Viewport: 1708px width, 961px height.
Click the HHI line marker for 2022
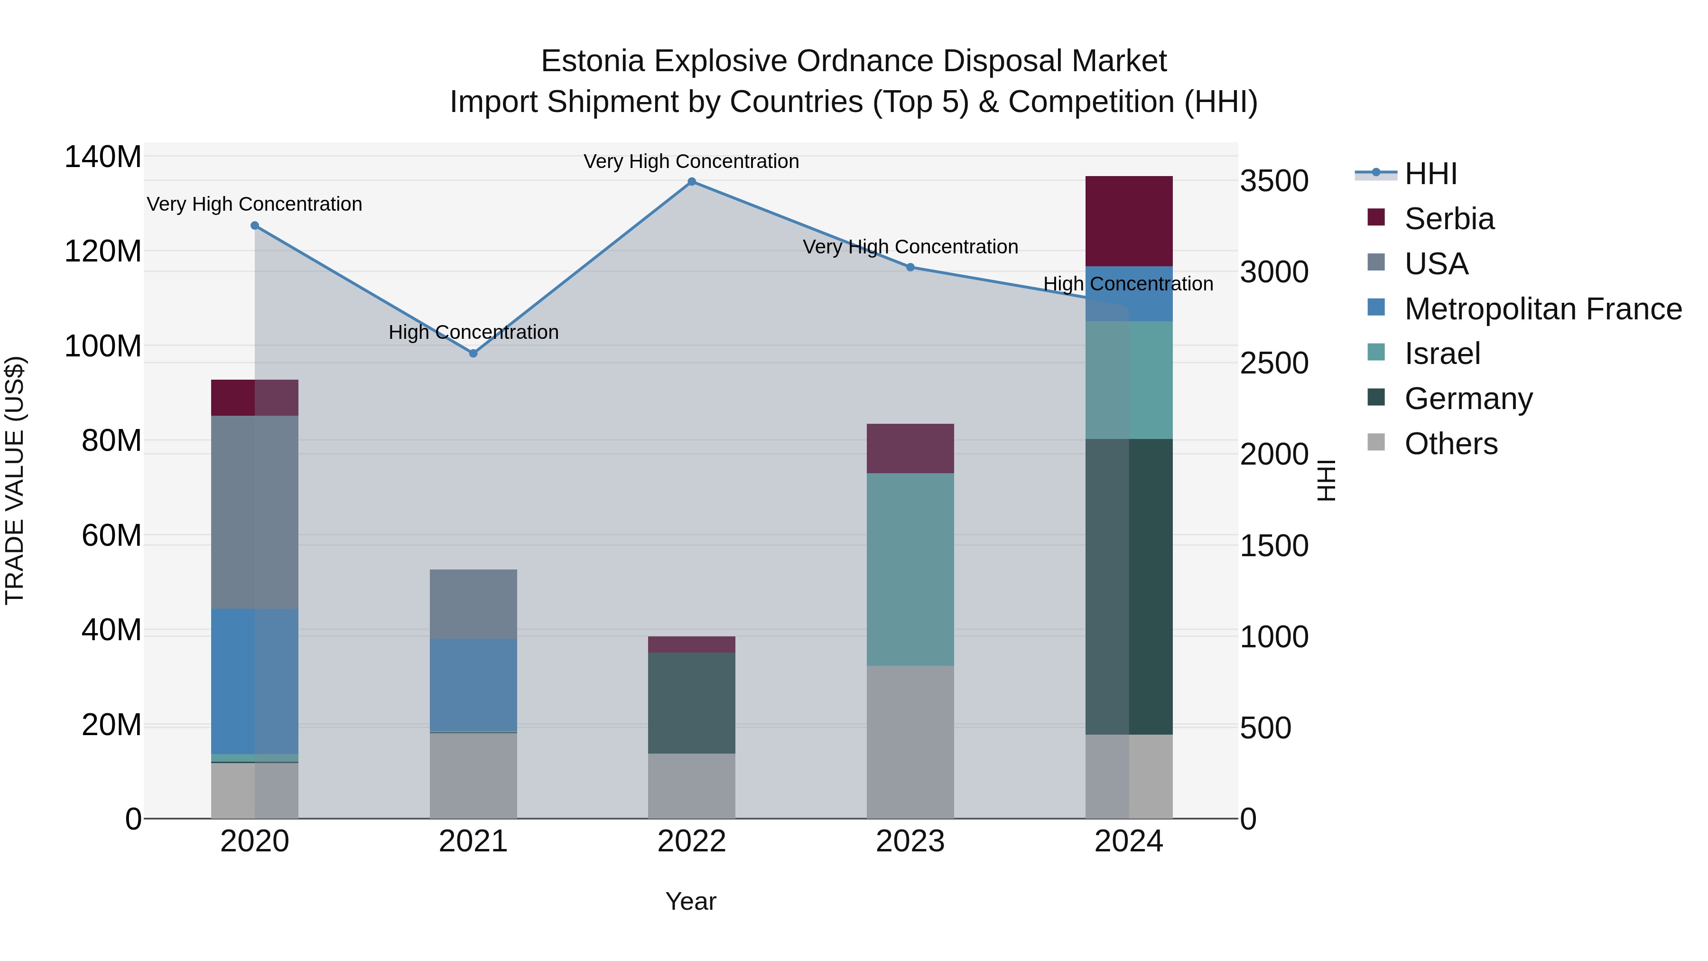(x=692, y=182)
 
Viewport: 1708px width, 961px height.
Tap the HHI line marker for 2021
(x=473, y=354)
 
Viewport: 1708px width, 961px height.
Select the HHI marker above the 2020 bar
(x=255, y=225)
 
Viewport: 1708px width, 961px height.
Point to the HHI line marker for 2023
(x=910, y=267)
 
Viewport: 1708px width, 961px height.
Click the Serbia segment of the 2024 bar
(x=1129, y=221)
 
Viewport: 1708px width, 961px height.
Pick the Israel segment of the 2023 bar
(x=910, y=569)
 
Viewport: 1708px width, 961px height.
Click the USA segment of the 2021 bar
(x=473, y=604)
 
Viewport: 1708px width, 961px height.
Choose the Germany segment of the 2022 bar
(x=692, y=703)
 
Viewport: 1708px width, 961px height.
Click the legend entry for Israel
(x=1442, y=354)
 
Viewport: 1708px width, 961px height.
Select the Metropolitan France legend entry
(x=1542, y=309)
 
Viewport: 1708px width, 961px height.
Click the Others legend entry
(x=1451, y=444)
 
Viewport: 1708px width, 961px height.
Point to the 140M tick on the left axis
(x=103, y=157)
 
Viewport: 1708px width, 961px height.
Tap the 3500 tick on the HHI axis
(x=1274, y=181)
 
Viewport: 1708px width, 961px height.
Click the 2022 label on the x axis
(x=692, y=841)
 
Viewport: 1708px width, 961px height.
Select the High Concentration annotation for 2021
(x=473, y=332)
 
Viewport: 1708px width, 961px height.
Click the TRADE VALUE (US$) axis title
(x=15, y=480)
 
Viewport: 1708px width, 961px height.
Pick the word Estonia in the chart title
(x=592, y=61)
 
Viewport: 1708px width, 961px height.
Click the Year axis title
(x=690, y=901)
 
